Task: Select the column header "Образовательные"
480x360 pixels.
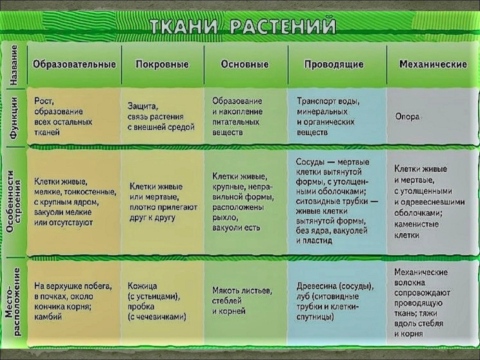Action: point(74,64)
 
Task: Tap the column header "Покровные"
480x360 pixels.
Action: point(162,65)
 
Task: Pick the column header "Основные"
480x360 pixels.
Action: point(245,64)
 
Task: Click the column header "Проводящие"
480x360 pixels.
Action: point(334,65)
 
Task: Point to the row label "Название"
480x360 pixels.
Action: point(15,64)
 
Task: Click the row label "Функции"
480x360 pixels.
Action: point(15,115)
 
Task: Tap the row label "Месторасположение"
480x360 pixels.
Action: point(15,302)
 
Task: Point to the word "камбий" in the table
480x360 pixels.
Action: point(48,316)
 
